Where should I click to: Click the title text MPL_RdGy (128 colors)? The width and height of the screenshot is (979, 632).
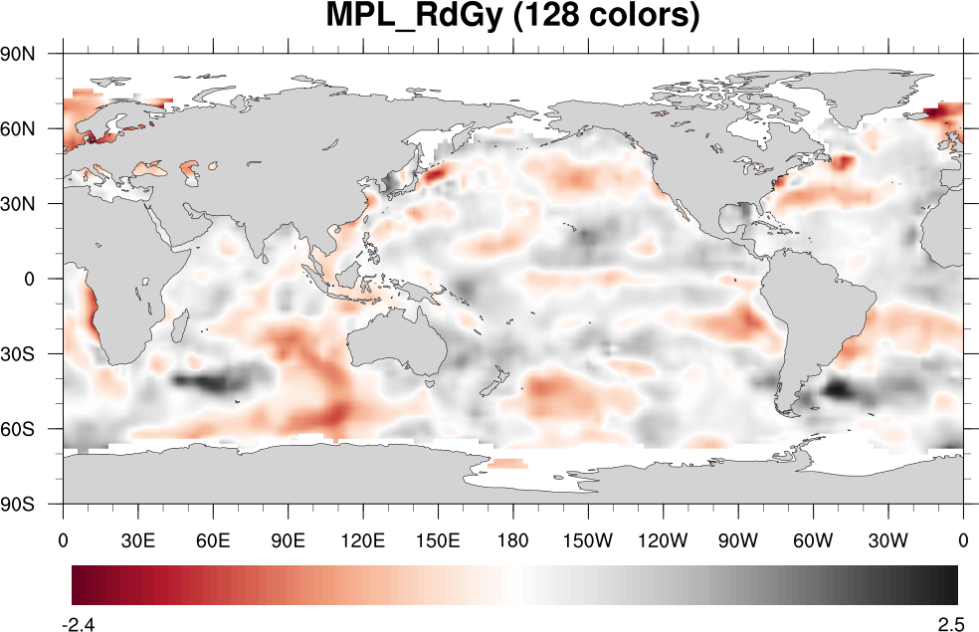coord(513,17)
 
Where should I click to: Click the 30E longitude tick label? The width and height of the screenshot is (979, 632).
coord(138,542)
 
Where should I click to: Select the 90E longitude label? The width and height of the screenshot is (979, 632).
coord(289,542)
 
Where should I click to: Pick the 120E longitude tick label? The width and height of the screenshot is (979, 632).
coord(363,542)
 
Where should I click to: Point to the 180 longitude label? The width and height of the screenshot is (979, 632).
coord(513,542)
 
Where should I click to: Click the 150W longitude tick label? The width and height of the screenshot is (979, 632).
coord(588,542)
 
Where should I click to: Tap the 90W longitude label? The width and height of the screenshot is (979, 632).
coord(738,542)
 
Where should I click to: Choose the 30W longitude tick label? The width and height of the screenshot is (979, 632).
coord(887,542)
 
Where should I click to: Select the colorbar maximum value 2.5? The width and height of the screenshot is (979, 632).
coord(950,625)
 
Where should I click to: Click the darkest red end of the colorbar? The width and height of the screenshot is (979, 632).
coord(76,584)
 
